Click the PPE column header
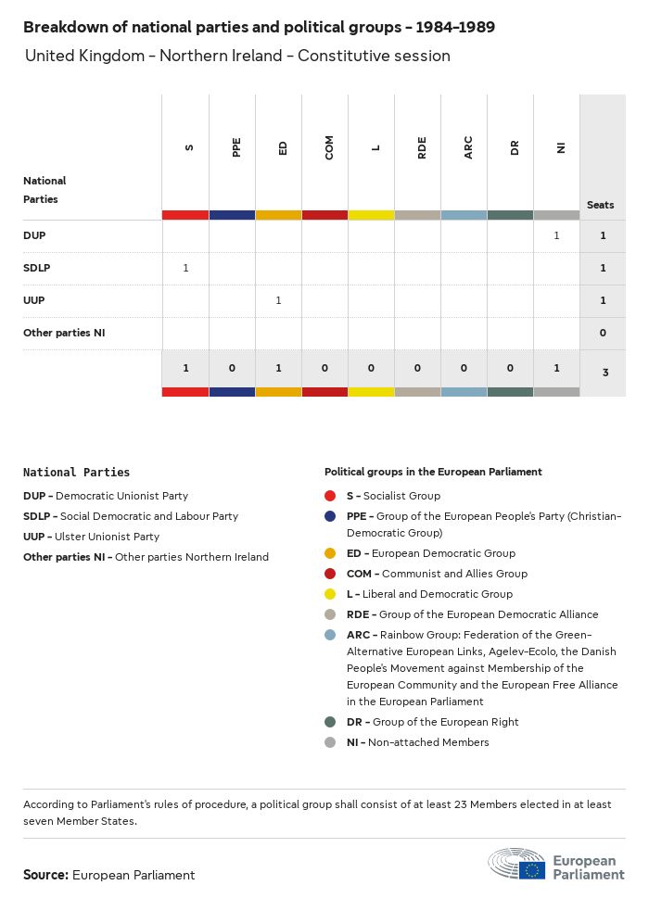click(x=236, y=146)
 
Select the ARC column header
click(x=468, y=146)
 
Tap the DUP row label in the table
click(x=34, y=235)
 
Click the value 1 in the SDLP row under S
click(x=185, y=268)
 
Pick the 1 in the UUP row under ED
click(x=278, y=300)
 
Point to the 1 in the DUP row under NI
click(x=556, y=235)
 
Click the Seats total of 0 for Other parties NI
click(x=603, y=333)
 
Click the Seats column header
click(x=601, y=205)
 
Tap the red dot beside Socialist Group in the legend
click(x=331, y=496)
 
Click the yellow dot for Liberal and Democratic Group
click(x=331, y=594)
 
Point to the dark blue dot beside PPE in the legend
click(x=331, y=516)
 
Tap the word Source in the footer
click(x=45, y=875)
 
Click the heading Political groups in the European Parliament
click(x=433, y=472)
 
